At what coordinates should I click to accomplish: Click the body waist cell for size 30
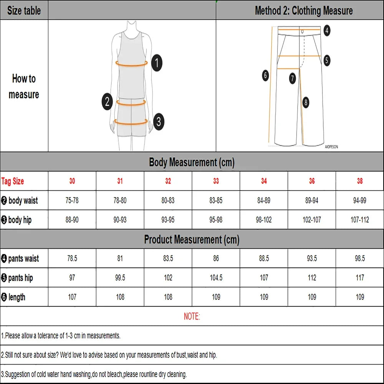click(72, 200)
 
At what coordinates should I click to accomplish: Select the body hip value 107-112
click(360, 220)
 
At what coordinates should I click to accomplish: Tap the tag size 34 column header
click(264, 181)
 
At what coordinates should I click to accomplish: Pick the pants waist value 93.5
click(312, 258)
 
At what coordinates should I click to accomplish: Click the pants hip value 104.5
click(216, 278)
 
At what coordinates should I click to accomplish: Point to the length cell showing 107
click(72, 297)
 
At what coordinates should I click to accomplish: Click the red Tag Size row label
click(13, 181)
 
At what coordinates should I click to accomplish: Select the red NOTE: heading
click(192, 316)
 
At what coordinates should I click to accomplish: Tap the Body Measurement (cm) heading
click(192, 162)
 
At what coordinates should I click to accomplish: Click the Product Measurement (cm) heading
click(192, 240)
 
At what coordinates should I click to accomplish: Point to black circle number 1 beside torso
click(157, 63)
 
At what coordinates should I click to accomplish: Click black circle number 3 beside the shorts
click(159, 122)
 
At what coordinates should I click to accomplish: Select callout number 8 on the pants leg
click(306, 102)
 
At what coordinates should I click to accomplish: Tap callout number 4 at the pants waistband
click(327, 30)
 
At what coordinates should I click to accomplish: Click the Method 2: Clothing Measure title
click(304, 10)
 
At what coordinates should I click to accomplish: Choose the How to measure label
click(24, 86)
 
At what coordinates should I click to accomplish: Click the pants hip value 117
click(360, 278)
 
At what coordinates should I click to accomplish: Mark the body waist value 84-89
click(264, 200)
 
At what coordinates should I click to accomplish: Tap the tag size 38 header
click(360, 181)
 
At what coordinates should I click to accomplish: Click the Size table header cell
click(24, 10)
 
